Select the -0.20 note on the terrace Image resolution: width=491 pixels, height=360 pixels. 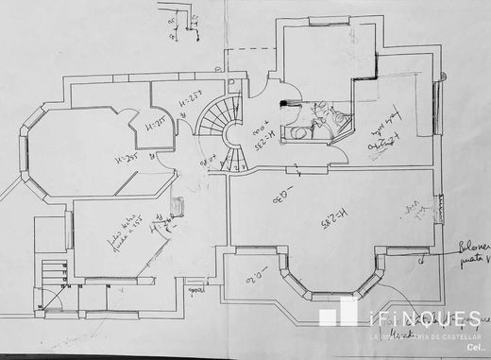250,275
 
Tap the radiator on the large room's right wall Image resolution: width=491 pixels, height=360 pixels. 438,209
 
